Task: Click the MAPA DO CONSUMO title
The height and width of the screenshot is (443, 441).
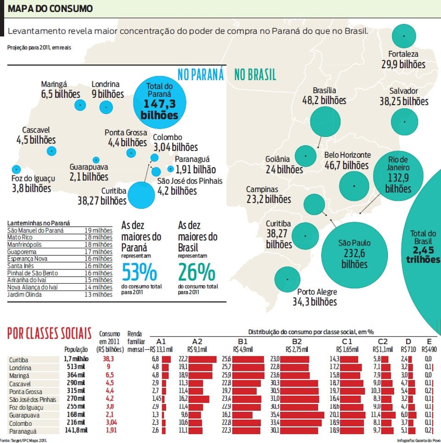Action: click(50, 8)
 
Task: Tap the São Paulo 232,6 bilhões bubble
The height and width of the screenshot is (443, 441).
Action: click(354, 253)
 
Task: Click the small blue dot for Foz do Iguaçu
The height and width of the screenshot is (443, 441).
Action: click(16, 169)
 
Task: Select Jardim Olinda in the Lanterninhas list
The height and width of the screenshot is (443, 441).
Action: click(24, 295)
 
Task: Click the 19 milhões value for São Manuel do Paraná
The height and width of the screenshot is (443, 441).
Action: click(98, 230)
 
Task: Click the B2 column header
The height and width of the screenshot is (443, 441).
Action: click(296, 342)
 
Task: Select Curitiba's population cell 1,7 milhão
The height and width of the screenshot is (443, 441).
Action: click(76, 359)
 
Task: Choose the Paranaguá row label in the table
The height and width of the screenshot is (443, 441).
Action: click(22, 431)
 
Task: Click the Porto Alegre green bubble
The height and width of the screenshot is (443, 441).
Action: click(288, 279)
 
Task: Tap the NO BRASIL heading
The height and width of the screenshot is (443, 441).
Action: click(255, 75)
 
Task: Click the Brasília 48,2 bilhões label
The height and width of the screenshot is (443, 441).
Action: click(324, 95)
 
